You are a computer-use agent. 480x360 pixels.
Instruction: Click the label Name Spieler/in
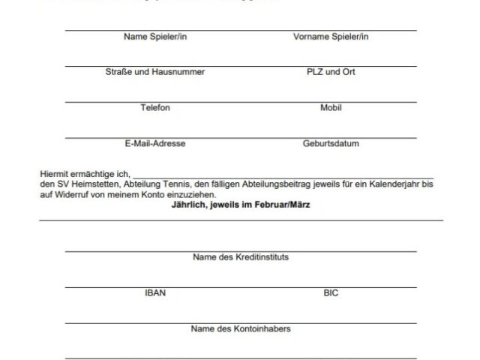point(155,36)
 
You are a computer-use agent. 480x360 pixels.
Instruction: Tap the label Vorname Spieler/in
point(331,36)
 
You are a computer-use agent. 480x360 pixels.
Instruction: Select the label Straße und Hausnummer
point(155,72)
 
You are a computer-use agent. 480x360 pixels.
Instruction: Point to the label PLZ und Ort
point(331,72)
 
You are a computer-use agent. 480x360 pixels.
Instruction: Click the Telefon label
point(155,108)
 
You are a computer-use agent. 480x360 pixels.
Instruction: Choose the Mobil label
point(331,108)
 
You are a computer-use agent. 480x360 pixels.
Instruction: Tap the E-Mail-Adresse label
point(155,144)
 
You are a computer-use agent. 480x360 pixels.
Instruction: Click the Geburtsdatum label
point(331,144)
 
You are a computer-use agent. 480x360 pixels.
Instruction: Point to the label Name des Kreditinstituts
point(241,256)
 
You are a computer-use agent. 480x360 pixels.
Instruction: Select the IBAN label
point(155,292)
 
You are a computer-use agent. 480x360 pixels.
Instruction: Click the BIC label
point(331,292)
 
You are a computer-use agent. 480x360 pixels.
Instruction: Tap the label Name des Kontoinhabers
point(241,328)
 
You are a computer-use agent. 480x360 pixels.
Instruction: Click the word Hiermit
point(54,173)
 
